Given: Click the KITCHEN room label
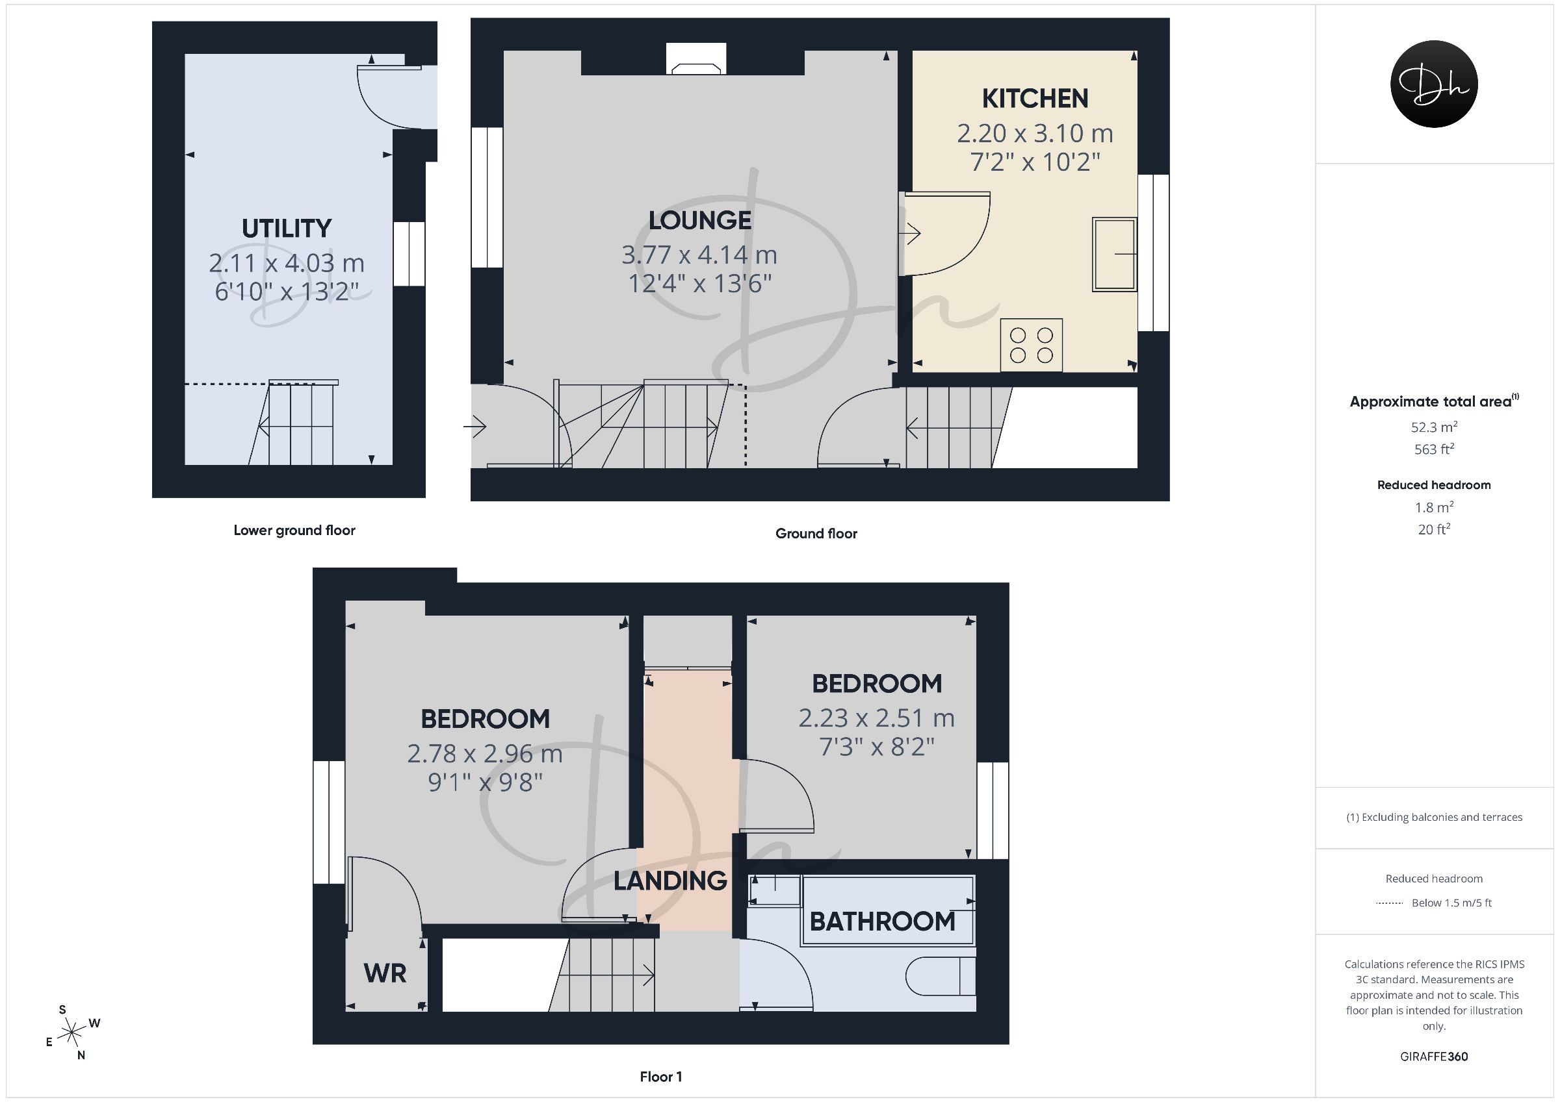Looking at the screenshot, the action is click(x=1035, y=99).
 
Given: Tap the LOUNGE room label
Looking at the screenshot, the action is click(x=700, y=221).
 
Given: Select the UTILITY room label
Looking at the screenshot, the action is click(x=287, y=229).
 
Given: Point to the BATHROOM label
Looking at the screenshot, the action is click(x=883, y=922).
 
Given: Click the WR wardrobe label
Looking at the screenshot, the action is click(x=385, y=973).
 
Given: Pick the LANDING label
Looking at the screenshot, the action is click(x=671, y=881).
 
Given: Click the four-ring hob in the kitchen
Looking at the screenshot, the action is click(x=1032, y=345).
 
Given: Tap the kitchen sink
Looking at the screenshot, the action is click(x=1114, y=255).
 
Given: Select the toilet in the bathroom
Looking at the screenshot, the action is click(x=941, y=977).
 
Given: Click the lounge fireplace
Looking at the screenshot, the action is click(x=695, y=59).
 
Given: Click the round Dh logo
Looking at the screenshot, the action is click(x=1435, y=84).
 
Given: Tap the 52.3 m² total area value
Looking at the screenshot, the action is click(x=1434, y=427).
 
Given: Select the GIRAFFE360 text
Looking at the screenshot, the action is click(x=1435, y=1057).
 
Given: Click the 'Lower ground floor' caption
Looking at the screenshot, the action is click(x=294, y=531).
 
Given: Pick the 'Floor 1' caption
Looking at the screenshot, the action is click(x=661, y=1077).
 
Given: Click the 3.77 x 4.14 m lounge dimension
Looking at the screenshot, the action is click(x=699, y=255).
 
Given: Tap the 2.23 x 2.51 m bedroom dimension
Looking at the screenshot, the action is click(x=876, y=718).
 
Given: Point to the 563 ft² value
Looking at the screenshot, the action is click(x=1434, y=449).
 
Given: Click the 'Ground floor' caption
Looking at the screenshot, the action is click(x=816, y=534).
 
